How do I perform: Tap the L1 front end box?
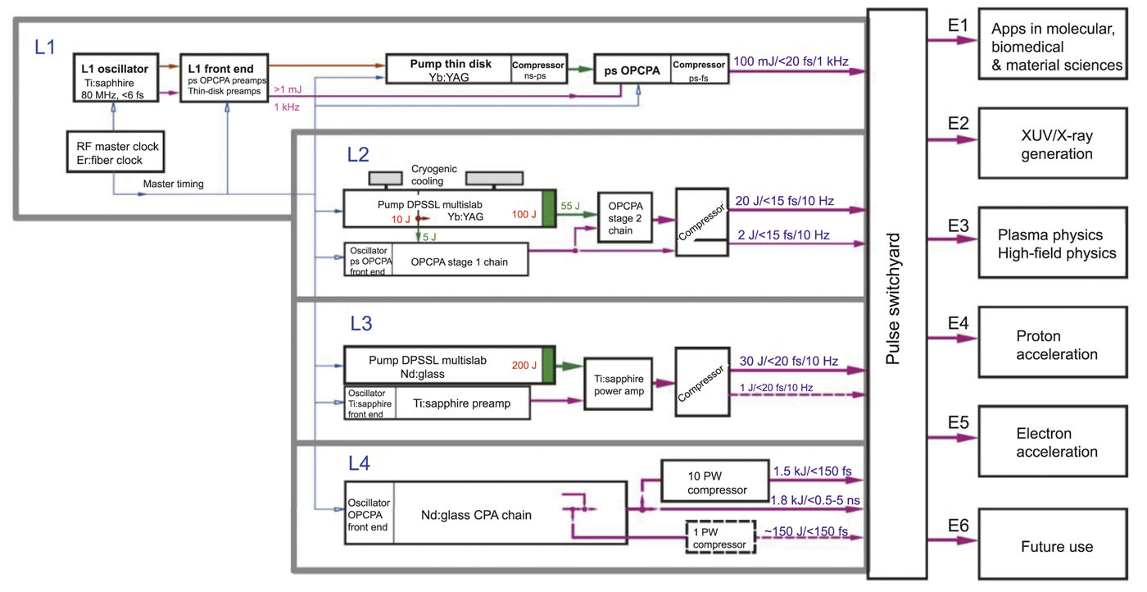pos(223,78)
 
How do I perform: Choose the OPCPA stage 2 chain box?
pos(626,217)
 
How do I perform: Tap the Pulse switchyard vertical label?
pos(895,296)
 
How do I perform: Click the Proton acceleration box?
pos(1056,345)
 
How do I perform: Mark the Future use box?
pos(1056,546)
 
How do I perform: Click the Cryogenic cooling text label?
pos(428,175)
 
